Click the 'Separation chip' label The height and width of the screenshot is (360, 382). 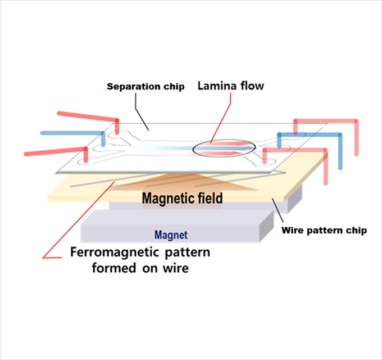pos(145,87)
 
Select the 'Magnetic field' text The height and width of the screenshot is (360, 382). pos(182,199)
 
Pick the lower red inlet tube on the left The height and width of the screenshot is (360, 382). pos(53,151)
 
